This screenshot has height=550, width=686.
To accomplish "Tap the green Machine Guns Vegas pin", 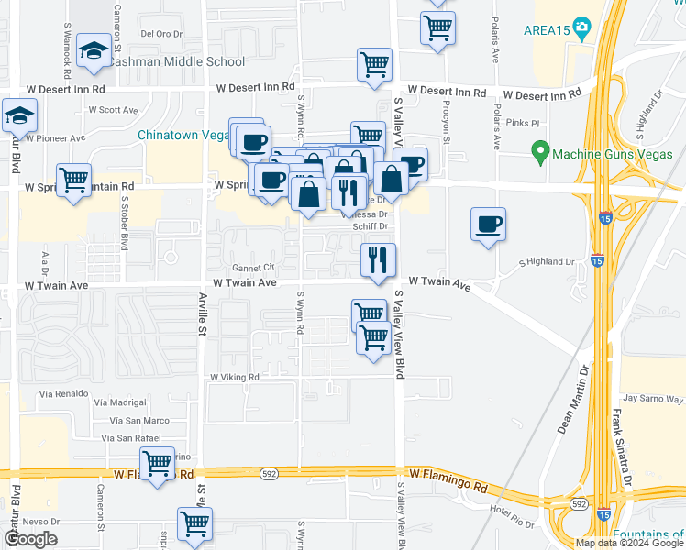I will (x=540, y=151).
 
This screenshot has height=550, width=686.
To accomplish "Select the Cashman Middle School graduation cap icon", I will (x=94, y=53).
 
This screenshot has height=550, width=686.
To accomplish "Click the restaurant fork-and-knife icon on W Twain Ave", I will (x=378, y=261).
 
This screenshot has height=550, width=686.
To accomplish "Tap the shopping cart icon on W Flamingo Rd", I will (x=157, y=465).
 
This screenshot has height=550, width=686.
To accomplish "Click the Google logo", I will (x=30, y=539).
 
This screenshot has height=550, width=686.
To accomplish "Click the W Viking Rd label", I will (x=234, y=377).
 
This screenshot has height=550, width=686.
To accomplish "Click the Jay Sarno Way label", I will (x=653, y=399).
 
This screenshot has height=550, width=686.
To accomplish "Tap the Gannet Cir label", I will (x=253, y=268).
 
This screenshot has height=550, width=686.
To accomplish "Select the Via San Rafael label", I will (x=137, y=438).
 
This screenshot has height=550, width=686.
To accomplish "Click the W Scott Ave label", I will (x=113, y=110).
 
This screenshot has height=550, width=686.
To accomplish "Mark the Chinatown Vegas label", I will (x=183, y=135).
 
